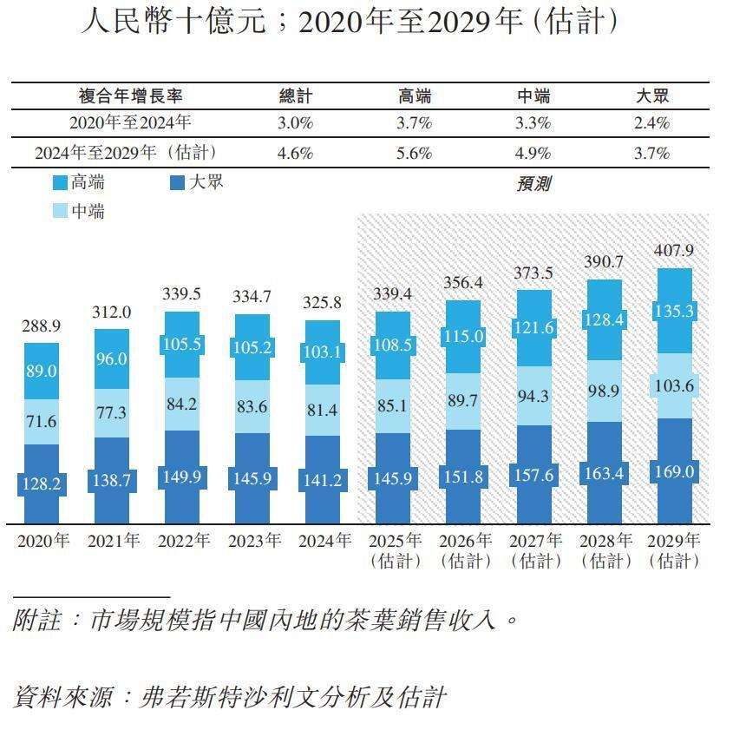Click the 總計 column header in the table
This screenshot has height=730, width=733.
[x=295, y=96]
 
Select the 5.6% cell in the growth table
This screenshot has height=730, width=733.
[x=414, y=153]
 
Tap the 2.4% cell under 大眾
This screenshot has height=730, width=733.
[x=652, y=123]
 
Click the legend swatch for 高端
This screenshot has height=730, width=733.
[x=60, y=183]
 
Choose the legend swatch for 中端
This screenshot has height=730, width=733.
[x=60, y=211]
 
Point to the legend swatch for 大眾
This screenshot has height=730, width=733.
[x=177, y=183]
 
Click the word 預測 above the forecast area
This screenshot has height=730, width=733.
[x=533, y=184]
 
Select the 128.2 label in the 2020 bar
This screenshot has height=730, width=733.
[x=41, y=483]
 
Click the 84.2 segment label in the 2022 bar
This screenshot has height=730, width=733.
[x=181, y=403]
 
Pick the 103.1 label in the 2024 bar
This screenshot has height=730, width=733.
[x=322, y=352]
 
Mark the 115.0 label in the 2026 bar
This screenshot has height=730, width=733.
[x=462, y=336]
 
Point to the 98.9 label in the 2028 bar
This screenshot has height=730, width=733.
[x=603, y=391]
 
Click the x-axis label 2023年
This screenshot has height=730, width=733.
[x=254, y=541]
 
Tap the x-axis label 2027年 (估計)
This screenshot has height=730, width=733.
[x=535, y=550]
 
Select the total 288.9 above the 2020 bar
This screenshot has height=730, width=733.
[x=41, y=326]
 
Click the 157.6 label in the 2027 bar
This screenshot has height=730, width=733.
[x=533, y=476]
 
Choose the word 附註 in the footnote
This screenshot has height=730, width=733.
[x=36, y=621]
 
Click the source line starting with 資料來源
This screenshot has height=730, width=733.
[x=230, y=696]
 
